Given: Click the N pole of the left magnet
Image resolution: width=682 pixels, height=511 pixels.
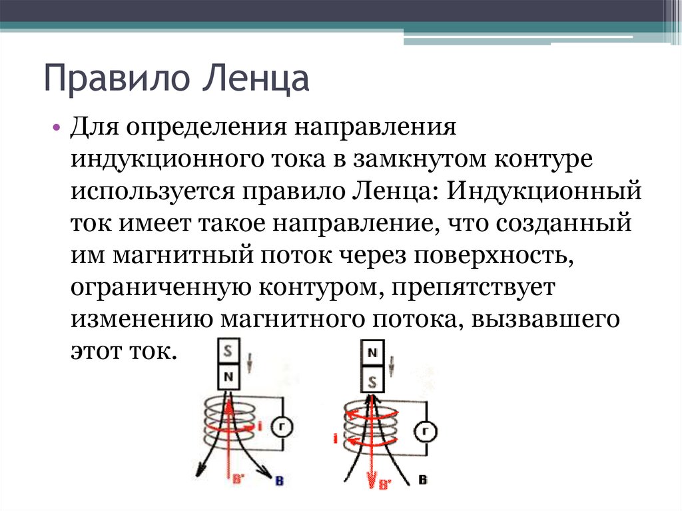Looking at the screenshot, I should pos(229,378).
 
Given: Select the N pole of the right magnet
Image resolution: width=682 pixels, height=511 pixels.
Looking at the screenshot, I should pos(373,354).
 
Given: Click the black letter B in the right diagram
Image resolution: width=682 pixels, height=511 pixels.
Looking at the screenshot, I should pos(422,479).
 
